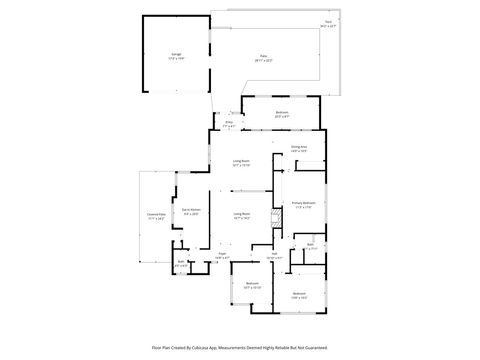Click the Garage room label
point(176,56)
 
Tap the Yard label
point(328,20)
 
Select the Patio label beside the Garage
point(264,57)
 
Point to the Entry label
point(228,124)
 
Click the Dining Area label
point(299,147)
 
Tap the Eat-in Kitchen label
point(191,210)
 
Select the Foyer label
point(224,255)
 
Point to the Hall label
point(273,254)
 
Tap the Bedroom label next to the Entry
point(282,112)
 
